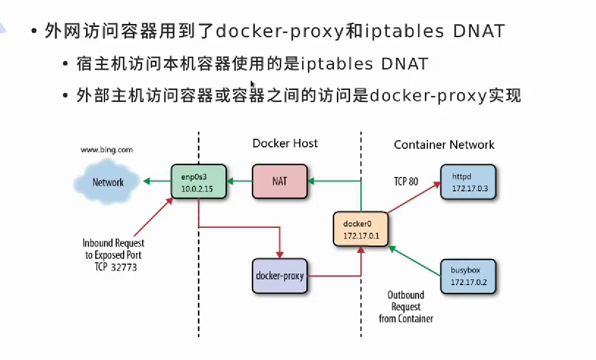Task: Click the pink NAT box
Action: (280, 181)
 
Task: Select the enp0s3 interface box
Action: (199, 181)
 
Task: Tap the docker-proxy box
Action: (280, 276)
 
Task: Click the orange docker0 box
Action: (360, 229)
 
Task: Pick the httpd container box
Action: (468, 181)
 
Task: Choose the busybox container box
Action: (468, 276)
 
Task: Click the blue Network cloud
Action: (108, 182)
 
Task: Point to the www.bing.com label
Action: (107, 150)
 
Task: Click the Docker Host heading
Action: (285, 143)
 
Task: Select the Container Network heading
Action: (444, 145)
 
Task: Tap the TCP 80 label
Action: (406, 181)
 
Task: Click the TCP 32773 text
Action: (116, 267)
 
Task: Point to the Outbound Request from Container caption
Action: (406, 307)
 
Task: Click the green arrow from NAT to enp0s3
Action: (240, 181)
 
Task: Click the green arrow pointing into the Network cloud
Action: (156, 181)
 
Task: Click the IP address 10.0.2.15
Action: (199, 188)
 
